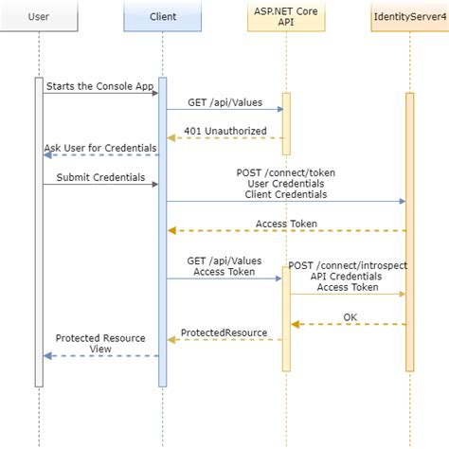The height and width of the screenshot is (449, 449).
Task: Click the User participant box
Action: point(39,16)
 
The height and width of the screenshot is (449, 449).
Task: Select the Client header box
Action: point(163,16)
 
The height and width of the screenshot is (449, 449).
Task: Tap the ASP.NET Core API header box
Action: point(286,16)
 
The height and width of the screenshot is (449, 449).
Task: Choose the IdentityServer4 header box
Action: point(410,16)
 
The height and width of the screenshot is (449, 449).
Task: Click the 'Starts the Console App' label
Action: point(100,86)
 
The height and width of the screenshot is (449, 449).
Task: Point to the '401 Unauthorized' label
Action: point(225,131)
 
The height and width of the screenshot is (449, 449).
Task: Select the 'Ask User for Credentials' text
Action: point(100,148)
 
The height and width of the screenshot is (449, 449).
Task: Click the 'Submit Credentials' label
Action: point(100,177)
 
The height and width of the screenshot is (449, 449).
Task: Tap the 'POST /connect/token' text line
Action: point(286,172)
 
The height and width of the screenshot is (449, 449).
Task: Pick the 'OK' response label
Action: point(350,317)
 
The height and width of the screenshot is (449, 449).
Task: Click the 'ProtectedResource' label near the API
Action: point(224,332)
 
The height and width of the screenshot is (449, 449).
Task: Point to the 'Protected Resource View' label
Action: point(100,344)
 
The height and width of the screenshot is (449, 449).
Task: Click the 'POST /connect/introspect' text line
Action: point(348,265)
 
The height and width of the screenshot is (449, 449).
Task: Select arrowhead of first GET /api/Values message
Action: point(280,109)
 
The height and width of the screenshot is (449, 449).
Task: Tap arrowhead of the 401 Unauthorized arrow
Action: point(171,138)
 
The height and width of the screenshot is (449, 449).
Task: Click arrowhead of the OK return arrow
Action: point(295,324)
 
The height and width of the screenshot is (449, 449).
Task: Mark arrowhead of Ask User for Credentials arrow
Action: point(47,155)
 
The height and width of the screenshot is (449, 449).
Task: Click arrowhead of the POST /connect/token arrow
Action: point(403,201)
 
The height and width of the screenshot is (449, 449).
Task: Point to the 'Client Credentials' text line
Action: point(286,194)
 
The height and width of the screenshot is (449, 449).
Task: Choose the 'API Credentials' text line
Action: point(347,277)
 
